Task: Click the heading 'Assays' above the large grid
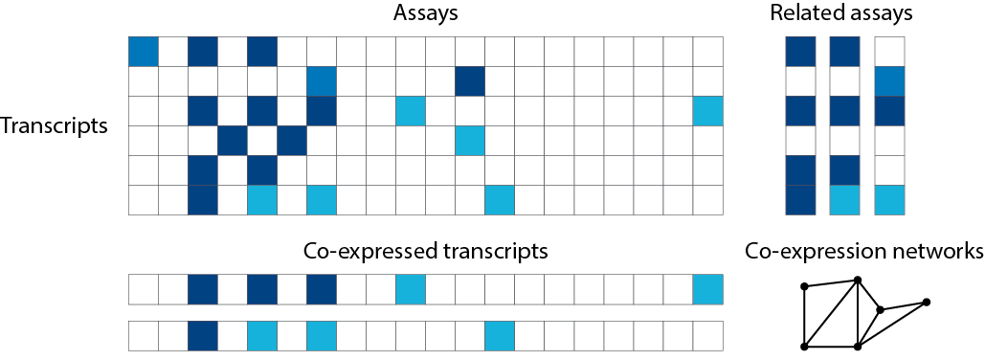point(425,14)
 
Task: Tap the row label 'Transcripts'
point(55,125)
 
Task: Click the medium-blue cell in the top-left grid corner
point(144,52)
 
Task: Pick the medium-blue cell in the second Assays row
point(322,81)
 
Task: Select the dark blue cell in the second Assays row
point(470,81)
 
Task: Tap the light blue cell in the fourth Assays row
point(470,141)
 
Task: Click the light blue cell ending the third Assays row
point(708,111)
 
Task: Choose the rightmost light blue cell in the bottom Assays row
point(500,200)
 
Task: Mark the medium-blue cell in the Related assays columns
point(889,81)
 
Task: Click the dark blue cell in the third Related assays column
point(889,111)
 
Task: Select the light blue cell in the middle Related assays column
point(844,200)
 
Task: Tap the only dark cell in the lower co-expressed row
point(203,335)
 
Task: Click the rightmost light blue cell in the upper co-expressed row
point(708,288)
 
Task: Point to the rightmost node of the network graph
point(926,303)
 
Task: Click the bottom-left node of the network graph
point(804,346)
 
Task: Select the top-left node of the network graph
point(804,285)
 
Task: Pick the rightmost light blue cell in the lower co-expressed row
point(500,335)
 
